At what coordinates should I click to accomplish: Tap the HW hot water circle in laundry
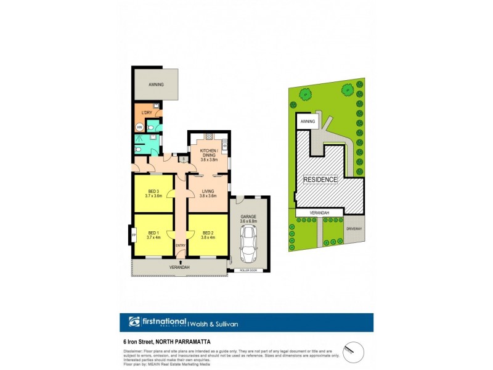[x=139, y=128]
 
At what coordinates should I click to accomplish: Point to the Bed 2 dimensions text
[x=208, y=237]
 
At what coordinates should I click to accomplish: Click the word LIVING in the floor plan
[x=208, y=191]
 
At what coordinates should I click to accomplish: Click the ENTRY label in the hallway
[x=180, y=245]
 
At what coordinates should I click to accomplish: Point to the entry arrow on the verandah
[x=180, y=262]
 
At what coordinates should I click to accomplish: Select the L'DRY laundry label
[x=147, y=113]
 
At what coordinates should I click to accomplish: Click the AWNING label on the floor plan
[x=157, y=84]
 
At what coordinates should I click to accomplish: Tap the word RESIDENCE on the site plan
[x=320, y=180]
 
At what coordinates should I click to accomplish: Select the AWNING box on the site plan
[x=308, y=121]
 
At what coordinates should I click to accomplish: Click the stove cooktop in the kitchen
[x=209, y=136]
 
